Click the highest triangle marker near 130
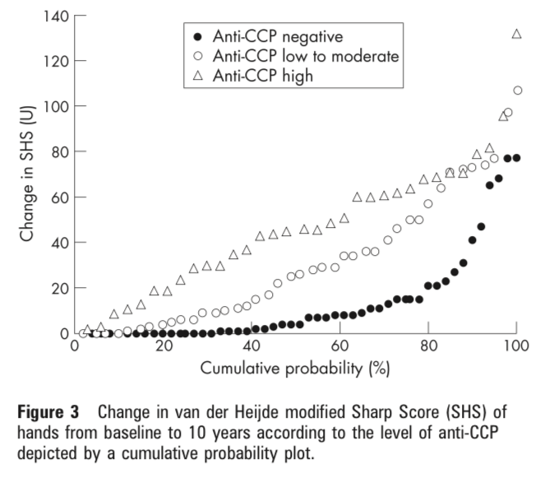pyautogui.click(x=516, y=34)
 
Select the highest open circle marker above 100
pyautogui.click(x=517, y=90)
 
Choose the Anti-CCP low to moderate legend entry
pyautogui.click(x=304, y=57)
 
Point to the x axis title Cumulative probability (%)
pyautogui.click(x=294, y=369)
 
